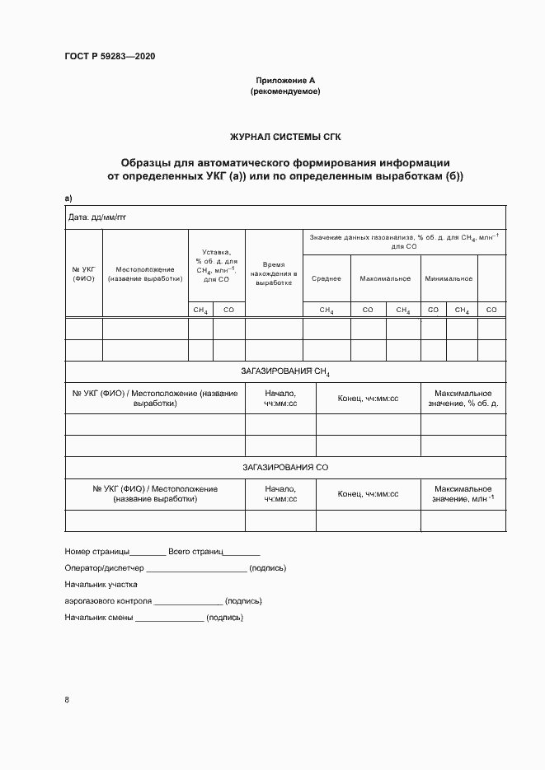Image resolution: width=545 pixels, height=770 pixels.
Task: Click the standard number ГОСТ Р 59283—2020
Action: (110, 56)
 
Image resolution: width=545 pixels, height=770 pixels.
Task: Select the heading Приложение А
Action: (285, 81)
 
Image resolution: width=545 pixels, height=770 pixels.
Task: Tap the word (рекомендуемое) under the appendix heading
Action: (285, 91)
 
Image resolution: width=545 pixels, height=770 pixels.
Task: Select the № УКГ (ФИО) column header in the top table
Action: (83, 273)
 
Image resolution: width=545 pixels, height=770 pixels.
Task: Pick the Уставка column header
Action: (217, 266)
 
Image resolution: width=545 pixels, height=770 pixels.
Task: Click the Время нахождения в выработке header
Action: (274, 273)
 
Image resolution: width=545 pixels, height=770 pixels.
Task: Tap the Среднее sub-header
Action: (327, 278)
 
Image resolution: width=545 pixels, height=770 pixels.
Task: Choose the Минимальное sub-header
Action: (449, 278)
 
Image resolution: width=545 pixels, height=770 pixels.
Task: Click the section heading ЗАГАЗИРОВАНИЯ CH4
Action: (285, 372)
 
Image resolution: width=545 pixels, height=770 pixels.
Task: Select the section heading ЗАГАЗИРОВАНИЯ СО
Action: (285, 467)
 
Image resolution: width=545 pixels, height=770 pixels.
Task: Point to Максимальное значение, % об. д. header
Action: (463, 399)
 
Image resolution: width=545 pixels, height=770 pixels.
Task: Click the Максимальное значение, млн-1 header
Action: (463, 493)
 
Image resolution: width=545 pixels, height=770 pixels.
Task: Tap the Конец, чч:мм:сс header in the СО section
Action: (368, 493)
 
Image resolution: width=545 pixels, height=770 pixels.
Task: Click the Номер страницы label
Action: (96, 550)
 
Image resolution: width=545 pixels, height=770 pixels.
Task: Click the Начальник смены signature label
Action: (99, 617)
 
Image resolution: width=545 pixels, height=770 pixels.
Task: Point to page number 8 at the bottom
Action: (67, 700)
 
